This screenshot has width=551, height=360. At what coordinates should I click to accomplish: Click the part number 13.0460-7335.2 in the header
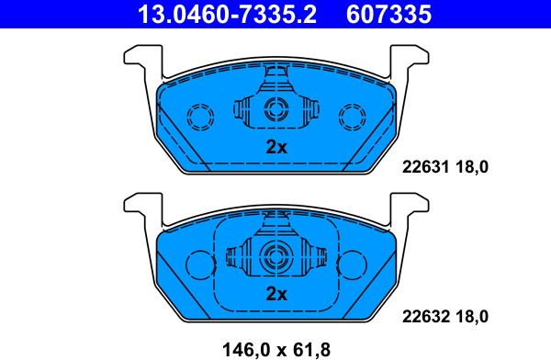point(228,14)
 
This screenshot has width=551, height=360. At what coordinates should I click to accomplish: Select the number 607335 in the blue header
point(388,14)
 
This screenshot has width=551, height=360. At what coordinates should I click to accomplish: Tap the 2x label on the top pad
point(276,147)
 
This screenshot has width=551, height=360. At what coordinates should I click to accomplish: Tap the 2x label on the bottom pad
point(276,294)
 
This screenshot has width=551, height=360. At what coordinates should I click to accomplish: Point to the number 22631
point(425,167)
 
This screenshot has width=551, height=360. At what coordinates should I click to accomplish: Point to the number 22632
point(425,317)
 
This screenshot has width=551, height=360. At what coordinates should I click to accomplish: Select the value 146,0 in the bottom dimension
point(247,350)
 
